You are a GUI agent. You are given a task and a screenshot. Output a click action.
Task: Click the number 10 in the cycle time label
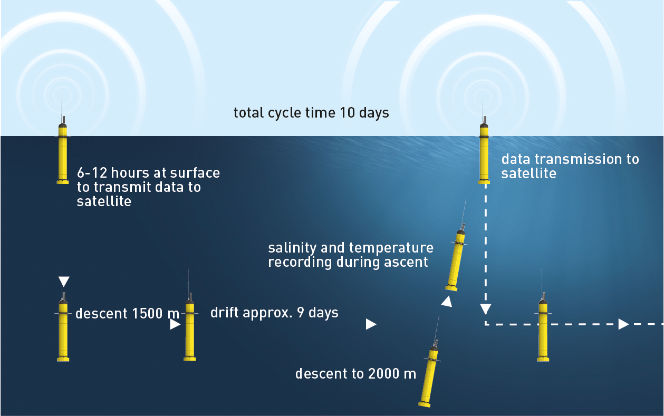pyautogui.click(x=347, y=113)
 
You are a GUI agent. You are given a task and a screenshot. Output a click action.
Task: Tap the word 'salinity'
pyautogui.click(x=292, y=248)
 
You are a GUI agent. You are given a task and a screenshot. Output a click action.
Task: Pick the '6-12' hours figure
pyautogui.click(x=92, y=173)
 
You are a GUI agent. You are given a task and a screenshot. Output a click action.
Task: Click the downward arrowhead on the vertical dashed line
pyautogui.click(x=485, y=309)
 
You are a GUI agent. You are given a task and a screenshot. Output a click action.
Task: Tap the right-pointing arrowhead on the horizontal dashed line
pyautogui.click(x=623, y=324)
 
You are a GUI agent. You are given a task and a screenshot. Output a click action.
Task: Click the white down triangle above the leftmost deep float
pyautogui.click(x=64, y=282)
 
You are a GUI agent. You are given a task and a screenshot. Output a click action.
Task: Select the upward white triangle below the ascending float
pyautogui.click(x=447, y=302)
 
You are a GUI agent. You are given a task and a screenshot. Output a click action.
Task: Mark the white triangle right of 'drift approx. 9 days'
pyautogui.click(x=371, y=324)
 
